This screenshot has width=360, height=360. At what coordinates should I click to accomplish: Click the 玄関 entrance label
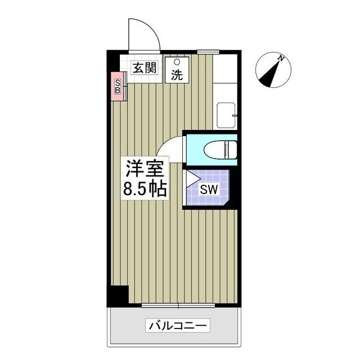coord(144,69)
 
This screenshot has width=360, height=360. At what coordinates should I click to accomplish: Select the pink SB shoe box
coord(118,87)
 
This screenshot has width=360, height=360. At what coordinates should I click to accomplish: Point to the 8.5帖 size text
coord(145,189)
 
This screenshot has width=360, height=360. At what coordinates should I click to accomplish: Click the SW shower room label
coord(209,189)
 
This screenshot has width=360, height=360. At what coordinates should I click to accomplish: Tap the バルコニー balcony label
coord(178,325)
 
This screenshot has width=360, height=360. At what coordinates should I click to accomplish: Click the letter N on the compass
coord(280,57)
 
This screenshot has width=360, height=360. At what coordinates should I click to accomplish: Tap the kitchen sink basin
coord(227,115)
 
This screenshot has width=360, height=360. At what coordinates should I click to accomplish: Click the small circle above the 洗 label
coord(177,62)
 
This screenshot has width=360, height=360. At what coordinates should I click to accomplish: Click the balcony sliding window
coord(178,306)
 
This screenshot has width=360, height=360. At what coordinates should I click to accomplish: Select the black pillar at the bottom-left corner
coord(118,296)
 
